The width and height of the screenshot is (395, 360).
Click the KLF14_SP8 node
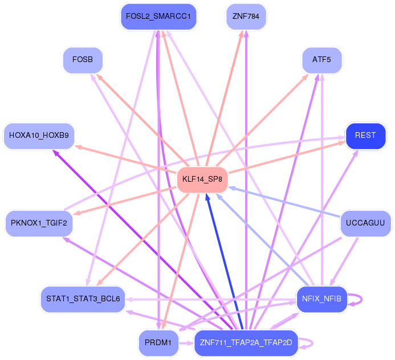pos(202,179)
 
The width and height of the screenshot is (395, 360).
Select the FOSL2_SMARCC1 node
pos(158,17)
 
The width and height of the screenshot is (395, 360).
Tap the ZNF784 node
pos(246,17)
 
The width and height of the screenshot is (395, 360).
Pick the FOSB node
pos(83,60)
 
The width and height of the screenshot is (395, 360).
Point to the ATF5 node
pos(322,60)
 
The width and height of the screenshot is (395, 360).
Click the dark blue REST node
pos(365,136)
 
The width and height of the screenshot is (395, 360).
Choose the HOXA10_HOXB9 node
pos(39,136)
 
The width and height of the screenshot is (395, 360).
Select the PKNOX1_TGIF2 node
pos(39,223)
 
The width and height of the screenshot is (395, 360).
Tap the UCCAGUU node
pos(365,223)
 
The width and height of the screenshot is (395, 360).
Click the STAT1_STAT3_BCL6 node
pos(83,299)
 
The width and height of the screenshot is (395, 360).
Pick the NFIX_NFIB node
pos(322,299)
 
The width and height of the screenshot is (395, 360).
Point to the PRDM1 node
pos(158,343)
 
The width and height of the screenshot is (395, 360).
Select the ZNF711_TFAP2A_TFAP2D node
pos(246,343)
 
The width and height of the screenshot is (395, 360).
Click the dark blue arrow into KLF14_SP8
pos(224,261)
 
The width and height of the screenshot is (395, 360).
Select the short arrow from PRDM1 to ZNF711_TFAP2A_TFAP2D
pos(186,343)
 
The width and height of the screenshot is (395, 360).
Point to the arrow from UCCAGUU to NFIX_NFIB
pos(344,262)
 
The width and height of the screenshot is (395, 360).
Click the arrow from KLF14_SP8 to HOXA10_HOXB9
pos(126,159)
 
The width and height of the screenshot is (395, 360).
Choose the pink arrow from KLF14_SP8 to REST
pos(287,157)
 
